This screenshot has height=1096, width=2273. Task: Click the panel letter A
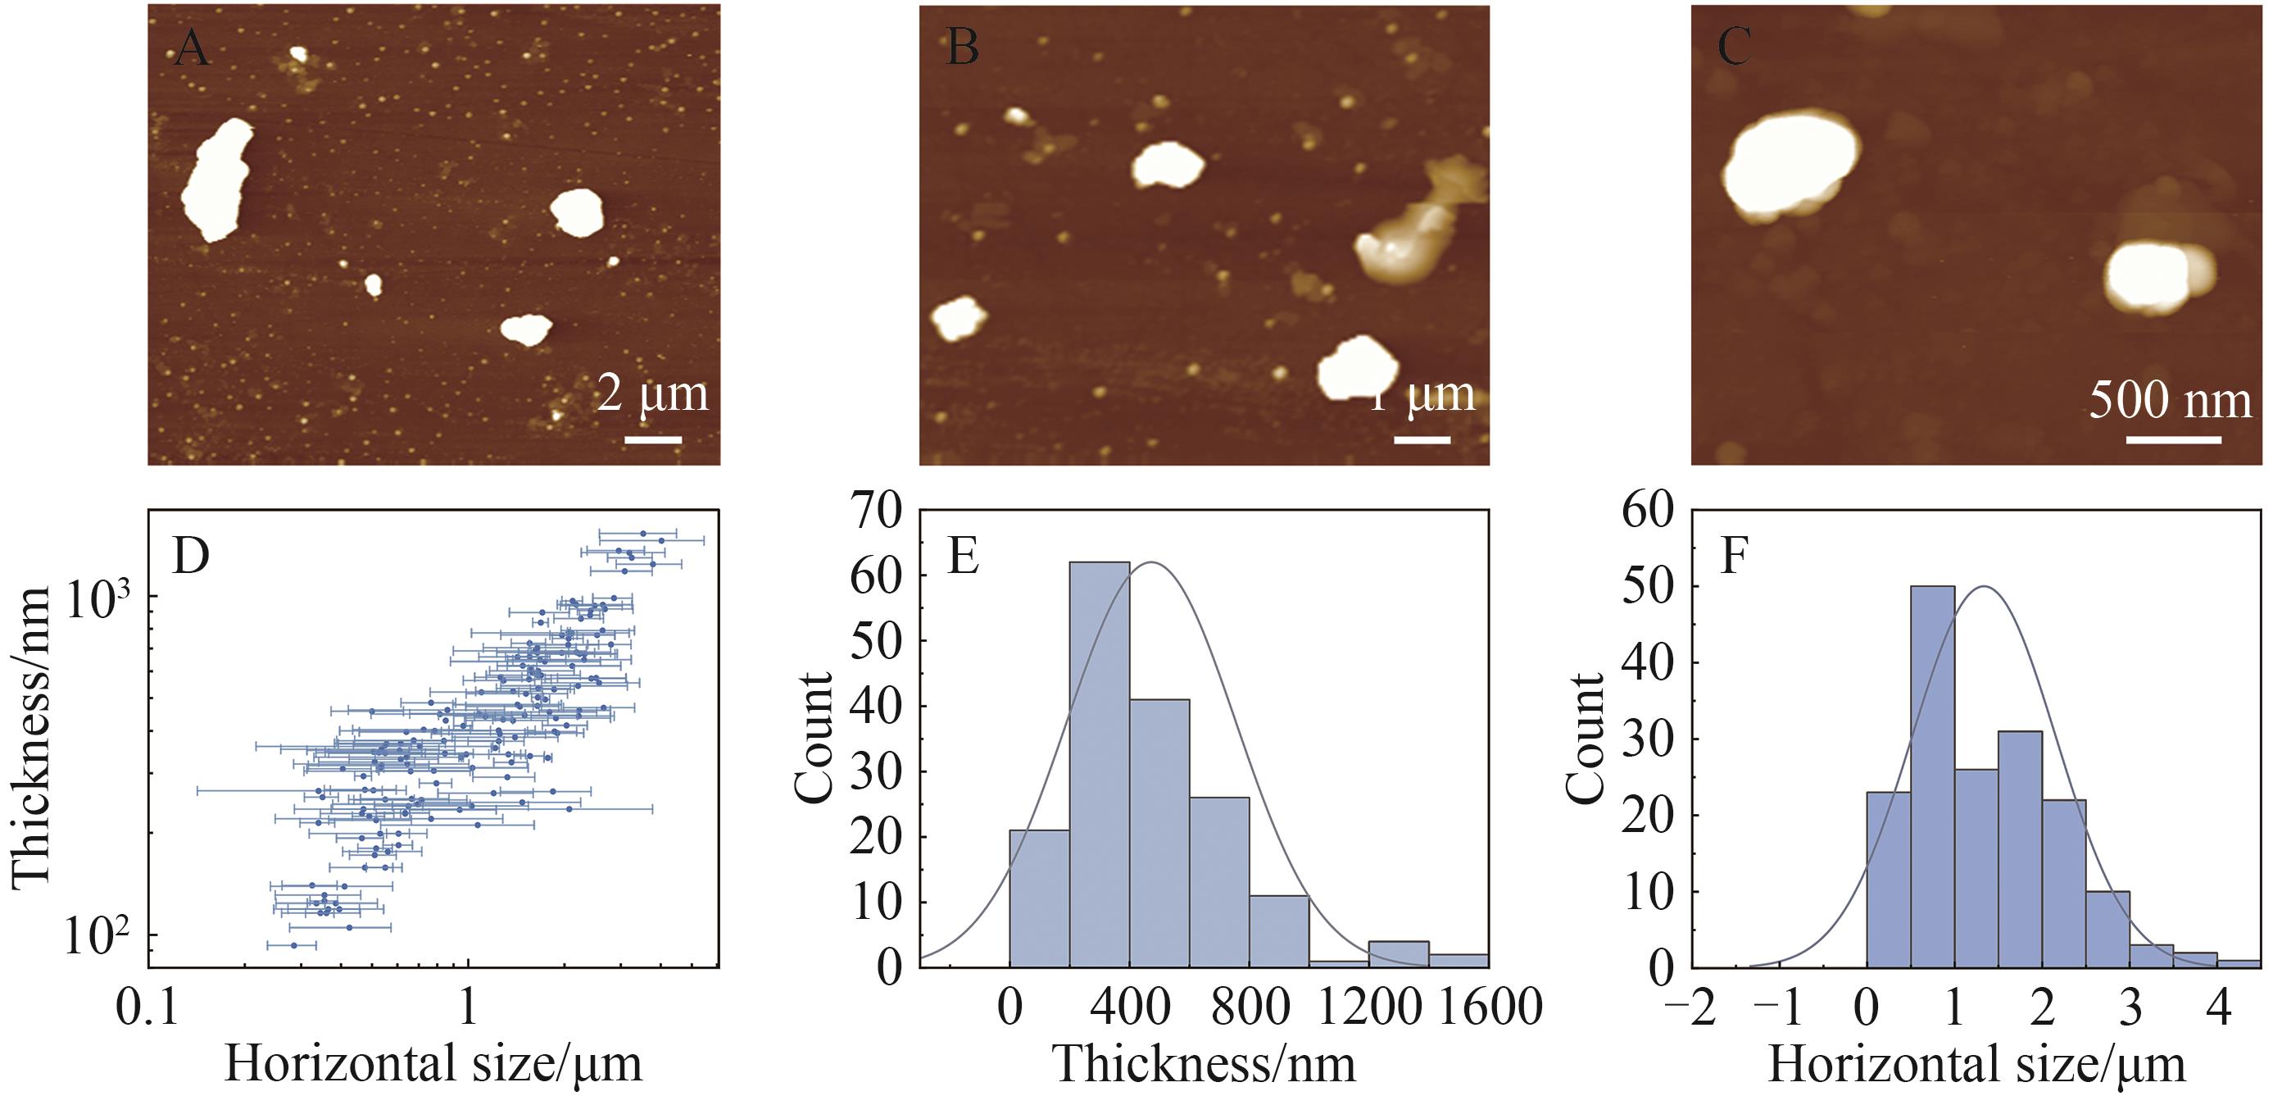[x=191, y=48]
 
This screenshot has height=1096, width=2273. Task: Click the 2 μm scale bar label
[x=652, y=393]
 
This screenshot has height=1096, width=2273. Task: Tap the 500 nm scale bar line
[x=2173, y=439]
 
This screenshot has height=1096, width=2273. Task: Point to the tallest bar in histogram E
[x=1100, y=763]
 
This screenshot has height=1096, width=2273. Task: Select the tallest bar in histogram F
[x=1932, y=776]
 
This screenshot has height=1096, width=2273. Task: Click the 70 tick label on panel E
[x=876, y=511]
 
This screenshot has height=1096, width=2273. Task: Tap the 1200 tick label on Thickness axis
[x=1369, y=1006]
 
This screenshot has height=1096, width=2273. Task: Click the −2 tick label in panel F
[x=1690, y=1006]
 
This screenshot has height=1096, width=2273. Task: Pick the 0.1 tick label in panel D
[x=147, y=1006]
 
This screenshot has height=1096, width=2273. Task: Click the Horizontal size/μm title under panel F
[x=1976, y=1064]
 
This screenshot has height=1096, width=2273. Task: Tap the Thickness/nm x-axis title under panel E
[x=1205, y=1064]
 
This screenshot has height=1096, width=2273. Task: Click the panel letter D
[x=191, y=556]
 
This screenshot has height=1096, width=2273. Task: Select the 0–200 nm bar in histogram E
[x=1040, y=898]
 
